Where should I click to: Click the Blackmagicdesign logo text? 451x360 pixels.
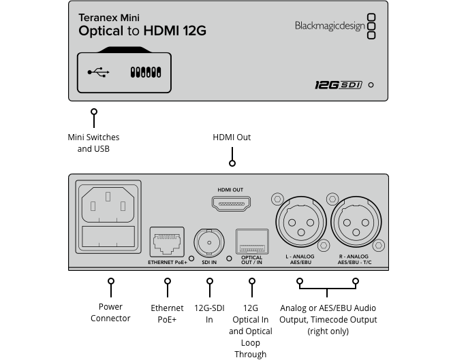point(330,26)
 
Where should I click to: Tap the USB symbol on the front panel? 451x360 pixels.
point(98,71)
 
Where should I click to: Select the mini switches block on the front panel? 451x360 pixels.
point(145,71)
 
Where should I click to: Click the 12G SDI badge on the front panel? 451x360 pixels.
point(337,85)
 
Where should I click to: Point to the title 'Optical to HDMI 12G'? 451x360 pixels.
point(142,31)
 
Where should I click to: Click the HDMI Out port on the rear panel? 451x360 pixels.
point(230,203)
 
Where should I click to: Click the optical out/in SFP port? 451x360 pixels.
point(251,242)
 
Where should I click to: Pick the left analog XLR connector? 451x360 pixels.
point(299,223)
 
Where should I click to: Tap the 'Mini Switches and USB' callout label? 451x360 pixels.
point(93,143)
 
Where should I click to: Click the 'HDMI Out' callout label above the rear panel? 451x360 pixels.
point(232,137)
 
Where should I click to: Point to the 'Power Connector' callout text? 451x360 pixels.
point(110,313)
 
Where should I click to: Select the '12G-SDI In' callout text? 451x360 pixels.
point(209,314)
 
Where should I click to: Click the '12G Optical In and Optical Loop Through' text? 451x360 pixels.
point(251,331)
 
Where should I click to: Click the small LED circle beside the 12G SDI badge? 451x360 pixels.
point(371,85)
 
